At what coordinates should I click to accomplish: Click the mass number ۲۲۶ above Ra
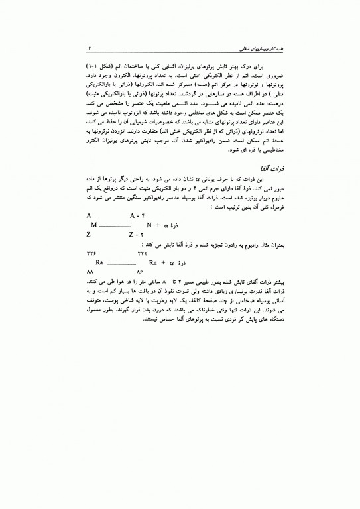(91, 253)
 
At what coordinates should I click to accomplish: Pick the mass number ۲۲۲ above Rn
(142, 253)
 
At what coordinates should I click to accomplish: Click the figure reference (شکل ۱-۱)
(261, 69)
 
